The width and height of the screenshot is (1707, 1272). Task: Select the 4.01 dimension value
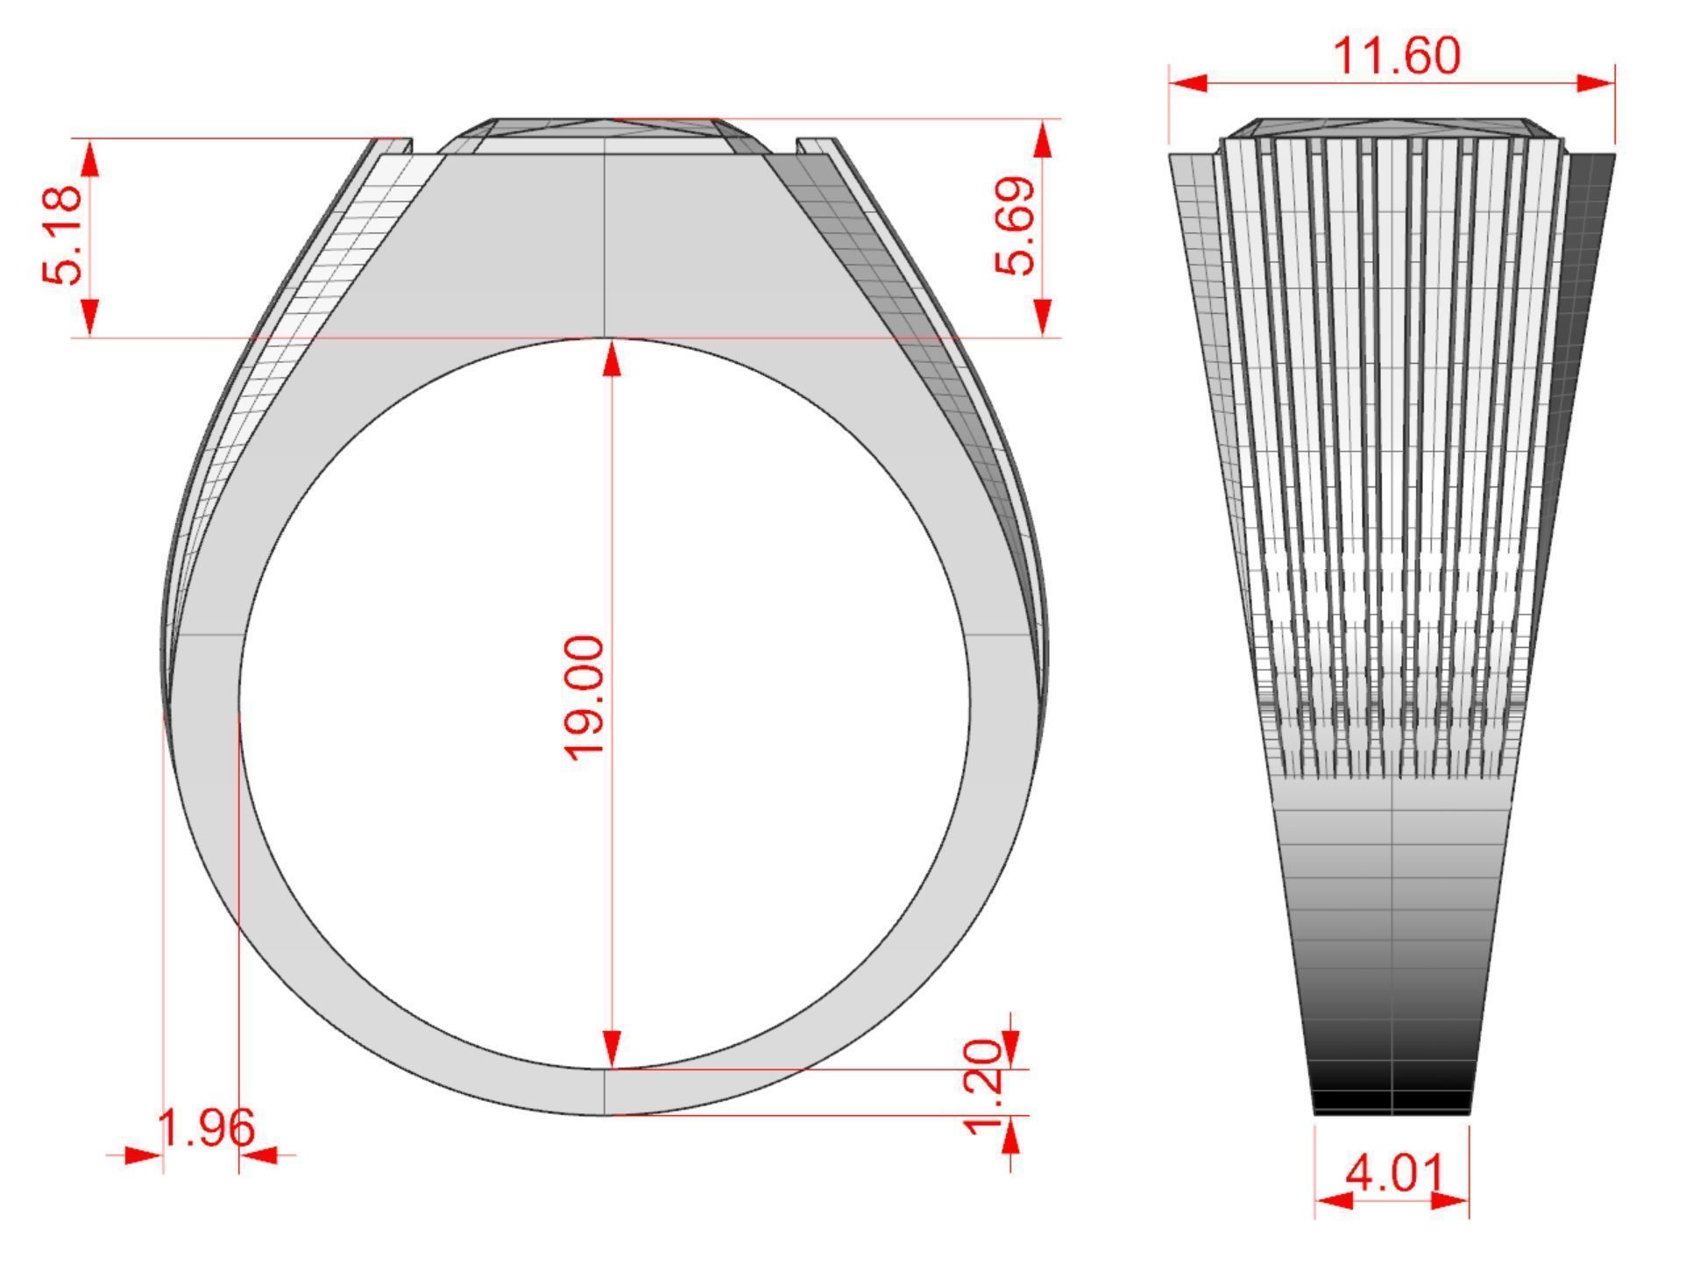click(1393, 1173)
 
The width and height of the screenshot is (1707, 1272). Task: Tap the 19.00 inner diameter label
click(584, 697)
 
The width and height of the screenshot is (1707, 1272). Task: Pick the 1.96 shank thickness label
click(207, 1128)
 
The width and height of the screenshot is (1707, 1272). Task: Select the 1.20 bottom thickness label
click(982, 1087)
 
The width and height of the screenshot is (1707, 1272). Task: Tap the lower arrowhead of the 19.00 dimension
click(612, 1048)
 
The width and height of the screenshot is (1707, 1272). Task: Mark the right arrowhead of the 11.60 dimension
click(1595, 83)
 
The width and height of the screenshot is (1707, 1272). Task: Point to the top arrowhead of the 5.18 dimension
click(90, 158)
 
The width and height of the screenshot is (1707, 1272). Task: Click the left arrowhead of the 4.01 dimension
click(1334, 1200)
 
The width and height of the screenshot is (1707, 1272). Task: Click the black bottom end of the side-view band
click(1392, 1100)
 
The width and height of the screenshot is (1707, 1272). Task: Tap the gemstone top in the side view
click(1392, 128)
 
